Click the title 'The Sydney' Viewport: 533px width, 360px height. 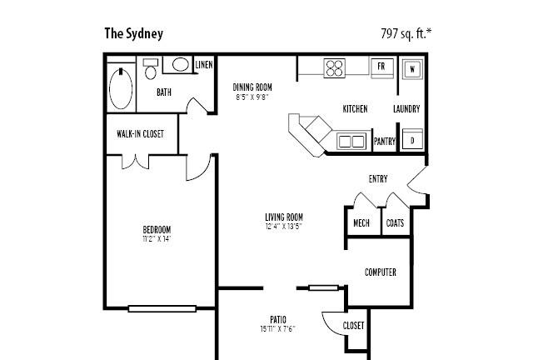(x=133, y=33)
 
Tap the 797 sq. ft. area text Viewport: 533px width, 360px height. (x=406, y=33)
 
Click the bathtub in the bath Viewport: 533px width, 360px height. (x=121, y=88)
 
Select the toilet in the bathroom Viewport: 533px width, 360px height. (x=151, y=68)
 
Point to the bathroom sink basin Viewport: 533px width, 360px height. (x=181, y=64)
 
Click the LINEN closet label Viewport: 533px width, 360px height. (x=204, y=65)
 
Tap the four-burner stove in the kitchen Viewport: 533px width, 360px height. (x=335, y=67)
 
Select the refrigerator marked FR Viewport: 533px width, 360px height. (x=381, y=67)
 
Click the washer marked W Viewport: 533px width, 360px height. (x=412, y=69)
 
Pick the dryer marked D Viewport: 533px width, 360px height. (x=412, y=139)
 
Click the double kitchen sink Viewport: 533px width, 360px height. (x=351, y=141)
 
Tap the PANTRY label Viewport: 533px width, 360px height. (x=385, y=141)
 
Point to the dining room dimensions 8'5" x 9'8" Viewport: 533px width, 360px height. (x=252, y=97)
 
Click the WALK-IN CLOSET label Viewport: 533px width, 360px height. (x=140, y=133)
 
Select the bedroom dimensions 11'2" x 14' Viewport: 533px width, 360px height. (x=157, y=239)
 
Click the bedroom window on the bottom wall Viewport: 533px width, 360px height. (x=162, y=308)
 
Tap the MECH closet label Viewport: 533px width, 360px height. (x=361, y=223)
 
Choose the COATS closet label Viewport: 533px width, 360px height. (x=395, y=223)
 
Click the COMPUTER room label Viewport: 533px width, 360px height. (x=381, y=272)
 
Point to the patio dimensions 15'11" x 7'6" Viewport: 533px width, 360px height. (x=277, y=329)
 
